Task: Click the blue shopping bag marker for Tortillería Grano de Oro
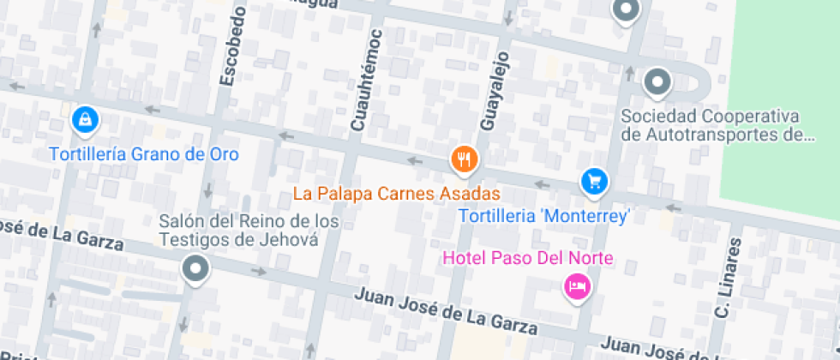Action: point(85,119)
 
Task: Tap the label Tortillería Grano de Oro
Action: point(143,154)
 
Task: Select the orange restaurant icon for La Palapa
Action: point(465,158)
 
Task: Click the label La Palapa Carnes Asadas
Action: point(396,194)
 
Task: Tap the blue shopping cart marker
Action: point(594,181)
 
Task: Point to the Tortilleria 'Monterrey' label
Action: point(544,216)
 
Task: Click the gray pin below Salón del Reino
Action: point(196,270)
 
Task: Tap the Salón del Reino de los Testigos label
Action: point(249,231)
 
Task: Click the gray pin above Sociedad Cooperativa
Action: point(657,82)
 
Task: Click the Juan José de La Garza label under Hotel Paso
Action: point(446,311)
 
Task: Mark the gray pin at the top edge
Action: point(627,10)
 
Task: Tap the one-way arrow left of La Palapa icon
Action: point(416,160)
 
